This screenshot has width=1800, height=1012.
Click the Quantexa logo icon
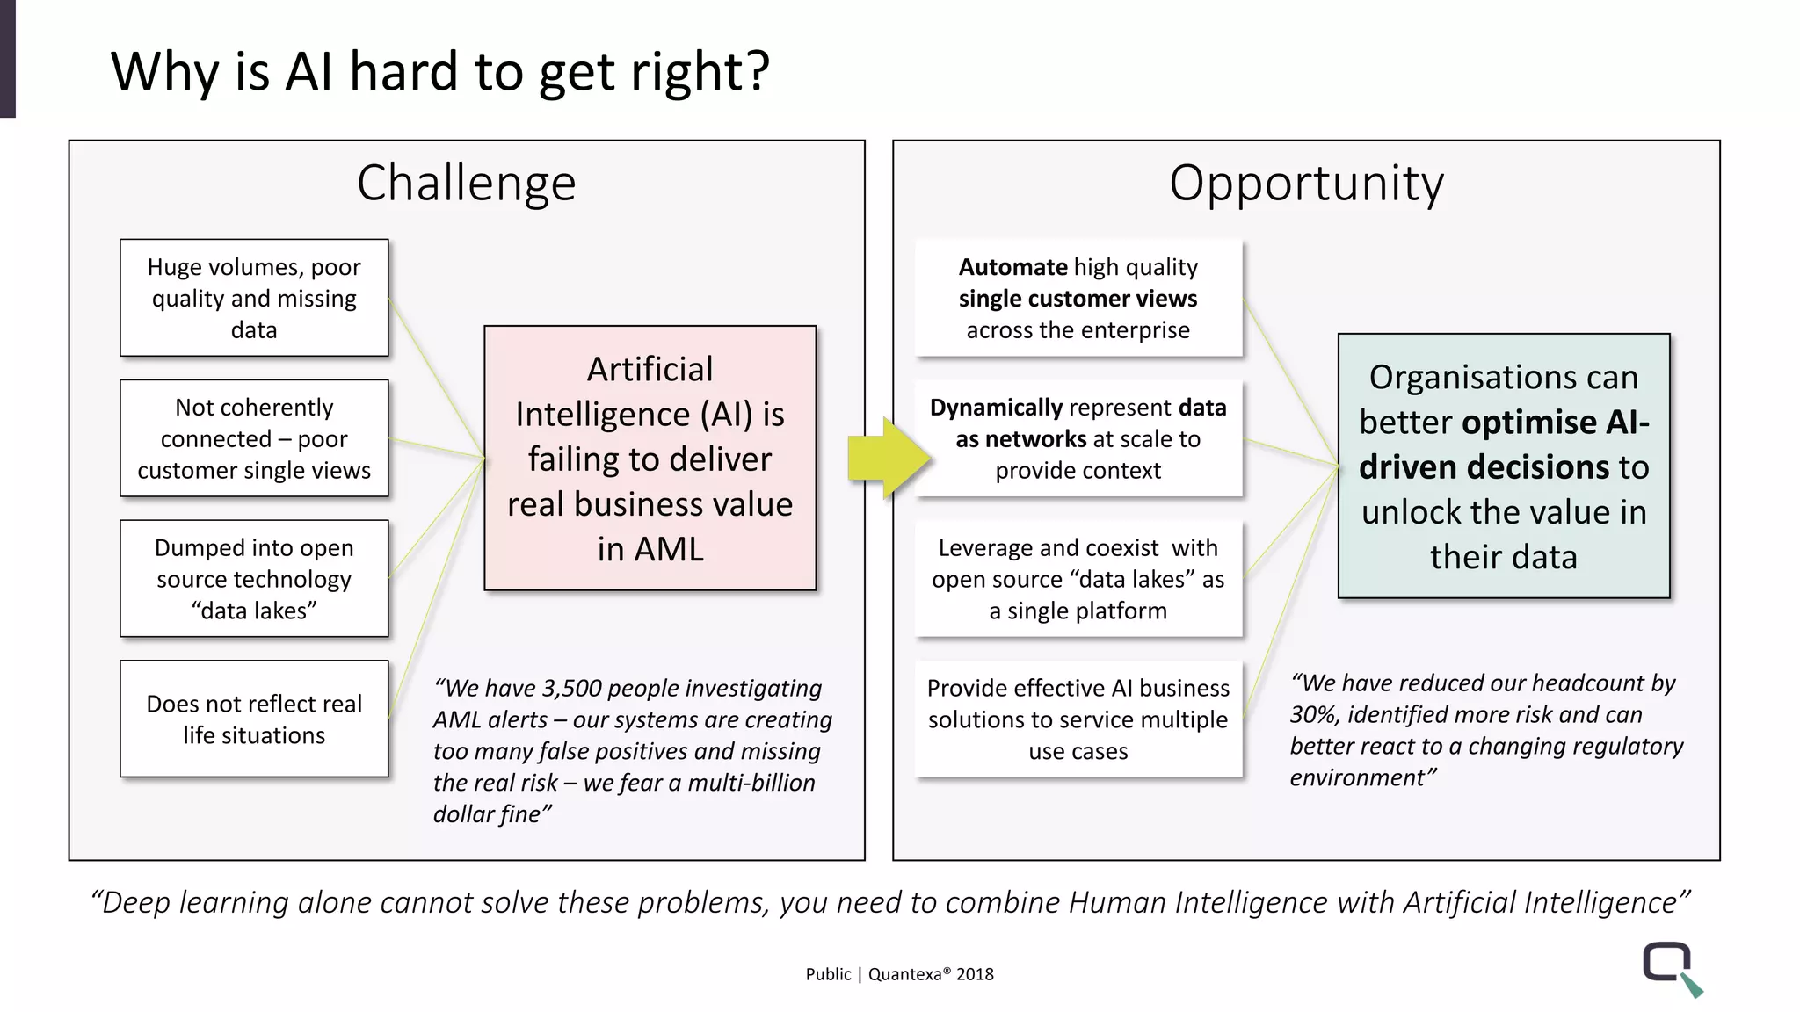click(1671, 967)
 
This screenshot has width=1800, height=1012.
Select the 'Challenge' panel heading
click(466, 183)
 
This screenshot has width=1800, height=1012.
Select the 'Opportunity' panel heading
click(1306, 183)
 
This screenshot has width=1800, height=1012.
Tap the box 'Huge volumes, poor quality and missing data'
click(254, 298)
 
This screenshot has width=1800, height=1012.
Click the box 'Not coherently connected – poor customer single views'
click(254, 438)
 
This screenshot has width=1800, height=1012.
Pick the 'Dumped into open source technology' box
click(254, 579)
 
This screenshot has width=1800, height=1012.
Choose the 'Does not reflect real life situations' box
click(254, 719)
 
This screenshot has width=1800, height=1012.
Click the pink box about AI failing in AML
click(650, 459)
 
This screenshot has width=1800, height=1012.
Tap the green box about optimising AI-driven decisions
click(1503, 466)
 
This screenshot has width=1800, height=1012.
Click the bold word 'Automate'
click(1012, 267)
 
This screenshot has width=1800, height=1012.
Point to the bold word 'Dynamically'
click(997, 408)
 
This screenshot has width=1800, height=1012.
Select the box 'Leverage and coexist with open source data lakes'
click(1078, 579)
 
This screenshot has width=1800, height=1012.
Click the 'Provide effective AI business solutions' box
click(1078, 719)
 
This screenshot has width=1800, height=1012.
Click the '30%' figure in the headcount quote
click(1313, 715)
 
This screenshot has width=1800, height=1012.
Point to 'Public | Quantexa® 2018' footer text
click(899, 974)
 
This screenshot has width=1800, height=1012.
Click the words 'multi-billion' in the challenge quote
click(751, 783)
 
